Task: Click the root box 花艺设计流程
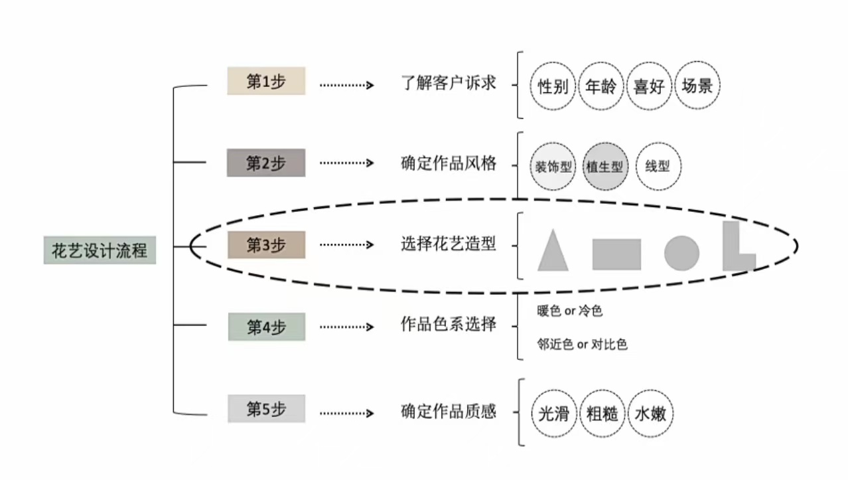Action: [x=100, y=250]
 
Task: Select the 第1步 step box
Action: [x=266, y=81]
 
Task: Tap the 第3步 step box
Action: [x=266, y=245]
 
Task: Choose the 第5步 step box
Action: [x=266, y=409]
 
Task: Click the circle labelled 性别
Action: [x=553, y=86]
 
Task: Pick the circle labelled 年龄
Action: [x=601, y=86]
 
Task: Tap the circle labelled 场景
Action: [x=697, y=86]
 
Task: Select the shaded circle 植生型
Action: [x=604, y=166]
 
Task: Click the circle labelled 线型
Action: [x=658, y=166]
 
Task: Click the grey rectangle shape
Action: [x=616, y=254]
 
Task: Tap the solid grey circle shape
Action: [x=681, y=253]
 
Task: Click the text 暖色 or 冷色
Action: [x=569, y=311]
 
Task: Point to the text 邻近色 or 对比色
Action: [x=582, y=345]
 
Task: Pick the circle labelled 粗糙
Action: [x=602, y=414]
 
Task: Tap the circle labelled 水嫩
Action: [x=651, y=414]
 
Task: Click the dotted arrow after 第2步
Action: [x=346, y=163]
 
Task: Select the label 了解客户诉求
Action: [x=449, y=84]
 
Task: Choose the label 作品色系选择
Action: [x=449, y=325]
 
